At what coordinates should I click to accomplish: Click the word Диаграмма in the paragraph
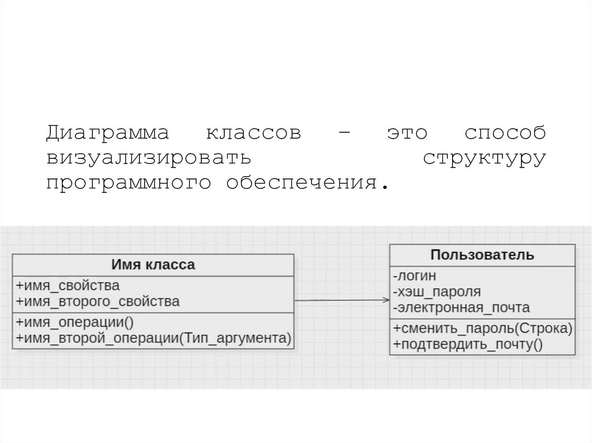click(x=108, y=133)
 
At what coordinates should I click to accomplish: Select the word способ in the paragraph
click(x=505, y=133)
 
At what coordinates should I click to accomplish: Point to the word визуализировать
click(x=149, y=158)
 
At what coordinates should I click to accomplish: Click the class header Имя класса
click(x=153, y=265)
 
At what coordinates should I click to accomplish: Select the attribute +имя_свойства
click(x=68, y=285)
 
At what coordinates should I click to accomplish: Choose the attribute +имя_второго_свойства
click(x=98, y=301)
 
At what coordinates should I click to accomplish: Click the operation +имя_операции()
click(x=75, y=322)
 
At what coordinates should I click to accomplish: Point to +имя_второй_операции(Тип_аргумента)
click(x=153, y=338)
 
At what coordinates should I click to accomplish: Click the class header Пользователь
click(x=482, y=255)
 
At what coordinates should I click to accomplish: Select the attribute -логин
click(x=414, y=276)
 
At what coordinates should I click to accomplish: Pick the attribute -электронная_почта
click(x=460, y=307)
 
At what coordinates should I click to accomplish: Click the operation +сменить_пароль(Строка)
click(x=482, y=328)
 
